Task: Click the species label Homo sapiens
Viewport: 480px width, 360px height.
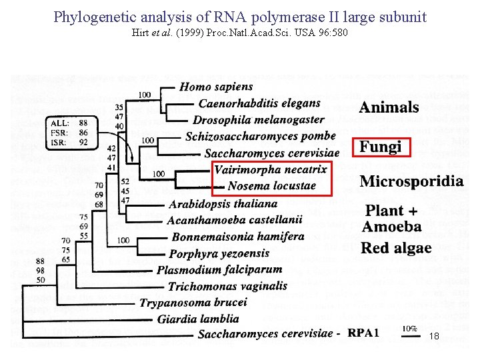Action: pyautogui.click(x=216, y=87)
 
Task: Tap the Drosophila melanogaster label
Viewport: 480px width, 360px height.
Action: pyautogui.click(x=258, y=120)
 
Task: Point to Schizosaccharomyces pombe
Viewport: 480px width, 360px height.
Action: pyautogui.click(x=260, y=137)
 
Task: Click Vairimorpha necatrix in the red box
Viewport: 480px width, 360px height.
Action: pyautogui.click(x=271, y=169)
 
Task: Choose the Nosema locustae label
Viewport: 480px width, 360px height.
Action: pyautogui.click(x=271, y=186)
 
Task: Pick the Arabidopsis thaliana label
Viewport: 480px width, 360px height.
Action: pyautogui.click(x=223, y=203)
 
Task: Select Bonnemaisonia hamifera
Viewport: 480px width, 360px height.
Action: pyautogui.click(x=237, y=237)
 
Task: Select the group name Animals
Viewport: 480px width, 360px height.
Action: pyautogui.click(x=389, y=107)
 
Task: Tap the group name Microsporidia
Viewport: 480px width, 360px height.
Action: pyautogui.click(x=411, y=181)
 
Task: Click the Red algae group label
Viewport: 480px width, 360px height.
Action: pyautogui.click(x=396, y=249)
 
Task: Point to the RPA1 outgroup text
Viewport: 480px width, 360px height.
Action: pyautogui.click(x=363, y=333)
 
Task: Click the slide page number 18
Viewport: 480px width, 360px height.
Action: pyautogui.click(x=434, y=337)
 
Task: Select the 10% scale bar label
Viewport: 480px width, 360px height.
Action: pyautogui.click(x=409, y=329)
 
